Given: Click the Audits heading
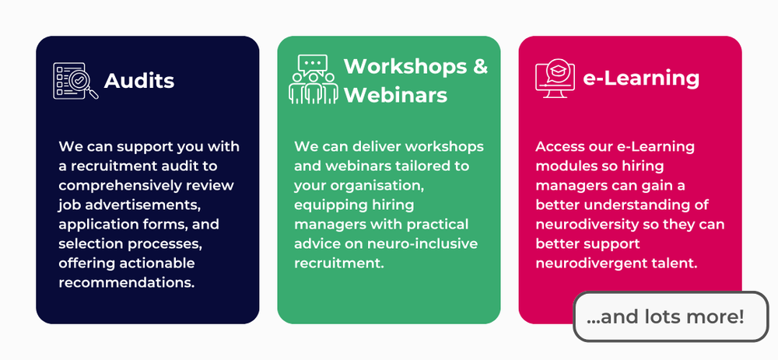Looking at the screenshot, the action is coord(138,81).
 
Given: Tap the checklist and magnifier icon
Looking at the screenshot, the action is coord(75,81).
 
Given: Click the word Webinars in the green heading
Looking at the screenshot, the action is coord(395,96).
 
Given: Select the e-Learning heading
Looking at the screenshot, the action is coord(641,79).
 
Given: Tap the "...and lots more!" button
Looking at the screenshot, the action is coord(670,317).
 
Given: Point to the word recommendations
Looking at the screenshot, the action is coord(126,281).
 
